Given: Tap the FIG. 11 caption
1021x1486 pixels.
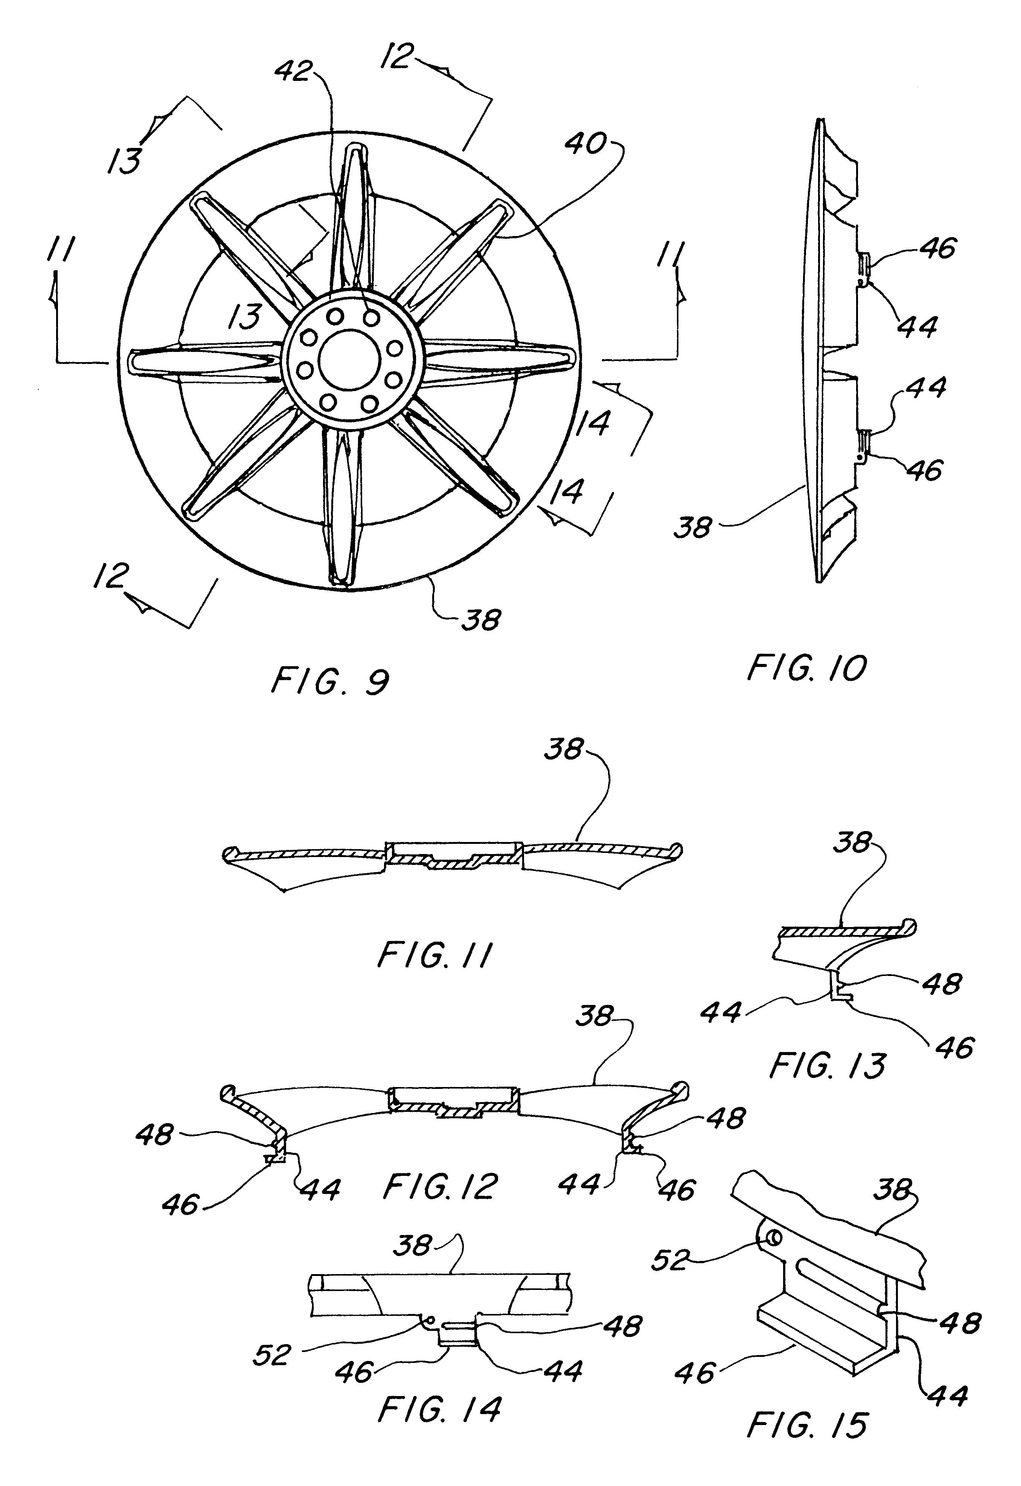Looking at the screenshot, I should click(x=434, y=956).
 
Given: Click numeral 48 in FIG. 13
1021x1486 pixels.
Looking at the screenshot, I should click(x=942, y=984).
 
